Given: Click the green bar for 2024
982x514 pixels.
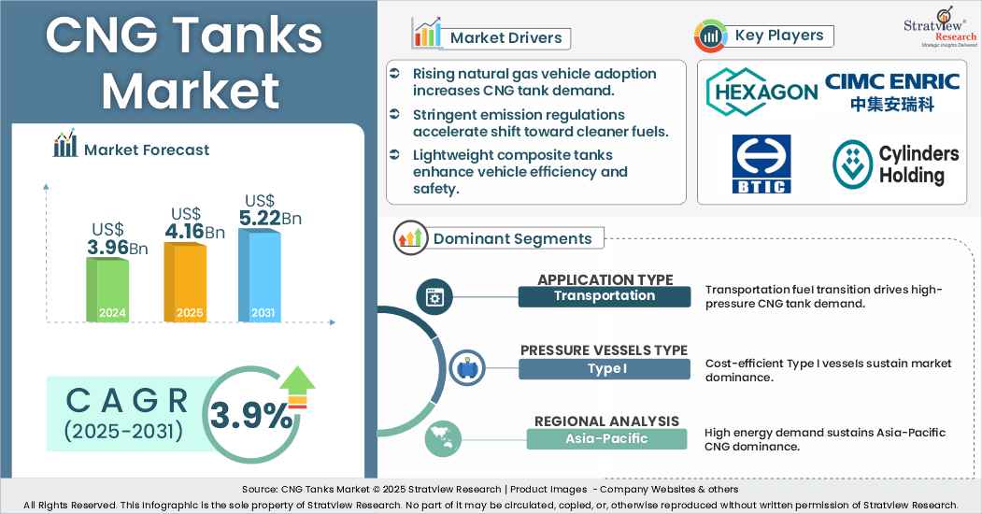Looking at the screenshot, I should pyautogui.click(x=107, y=290).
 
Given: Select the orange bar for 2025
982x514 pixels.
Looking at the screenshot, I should pyautogui.click(x=185, y=282).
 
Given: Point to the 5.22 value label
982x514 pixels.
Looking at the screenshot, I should pyautogui.click(x=261, y=218).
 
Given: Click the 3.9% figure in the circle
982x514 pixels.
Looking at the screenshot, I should pyautogui.click(x=250, y=415).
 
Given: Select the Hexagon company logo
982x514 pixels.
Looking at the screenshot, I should pyautogui.click(x=761, y=93).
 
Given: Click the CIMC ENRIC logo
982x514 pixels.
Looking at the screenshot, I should pyautogui.click(x=892, y=92).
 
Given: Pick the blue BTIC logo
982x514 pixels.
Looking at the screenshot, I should pyautogui.click(x=761, y=164).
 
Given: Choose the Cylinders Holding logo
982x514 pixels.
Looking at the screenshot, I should pyautogui.click(x=895, y=164).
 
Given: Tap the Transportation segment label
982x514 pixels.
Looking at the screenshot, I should pyautogui.click(x=605, y=296).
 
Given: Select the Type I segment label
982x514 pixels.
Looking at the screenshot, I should pyautogui.click(x=605, y=368).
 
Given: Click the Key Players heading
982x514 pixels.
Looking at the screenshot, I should pyautogui.click(x=779, y=36).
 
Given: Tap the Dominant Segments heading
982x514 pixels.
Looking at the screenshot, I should pyautogui.click(x=512, y=238).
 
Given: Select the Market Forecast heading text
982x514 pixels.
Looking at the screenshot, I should pyautogui.click(x=147, y=150).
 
